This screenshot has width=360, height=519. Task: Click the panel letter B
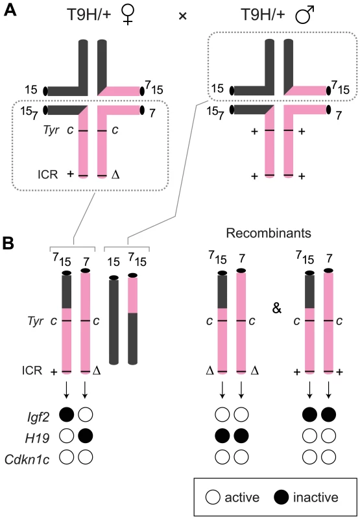tap(8, 243)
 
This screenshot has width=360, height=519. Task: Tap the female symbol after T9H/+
tap(126, 15)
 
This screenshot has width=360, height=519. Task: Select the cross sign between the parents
tap(182, 16)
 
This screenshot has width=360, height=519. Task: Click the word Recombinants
tap(269, 233)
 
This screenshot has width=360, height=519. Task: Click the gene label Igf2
tap(38, 418)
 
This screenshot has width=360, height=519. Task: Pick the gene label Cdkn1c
tap(27, 459)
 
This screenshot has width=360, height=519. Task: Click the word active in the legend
tap(242, 497)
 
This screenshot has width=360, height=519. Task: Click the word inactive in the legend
tap(316, 497)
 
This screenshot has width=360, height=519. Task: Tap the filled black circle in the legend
tap(282, 497)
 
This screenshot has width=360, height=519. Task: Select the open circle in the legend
tap(212, 497)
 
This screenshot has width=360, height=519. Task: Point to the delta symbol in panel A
tap(115, 175)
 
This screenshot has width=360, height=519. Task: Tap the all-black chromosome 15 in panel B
tap(114, 320)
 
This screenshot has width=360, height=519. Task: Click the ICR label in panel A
tap(47, 175)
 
